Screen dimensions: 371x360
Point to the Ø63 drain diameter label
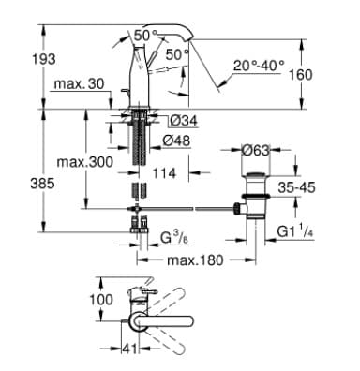[255, 149]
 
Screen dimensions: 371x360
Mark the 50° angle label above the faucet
[145, 35]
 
